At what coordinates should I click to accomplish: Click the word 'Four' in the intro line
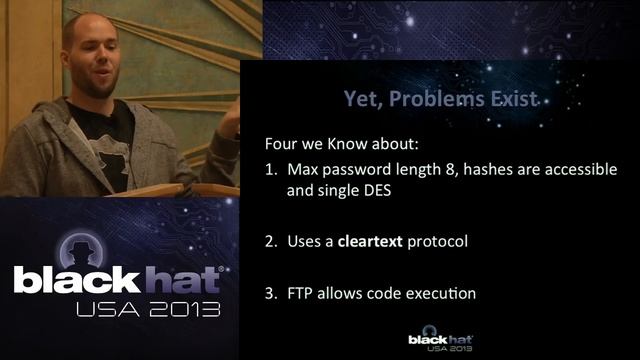(282, 141)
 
